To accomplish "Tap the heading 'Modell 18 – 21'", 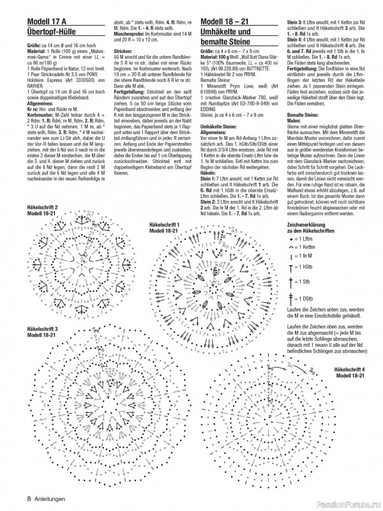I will point(227,24).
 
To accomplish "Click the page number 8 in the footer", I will point(29,498).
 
